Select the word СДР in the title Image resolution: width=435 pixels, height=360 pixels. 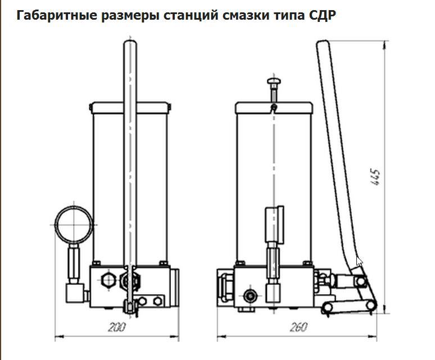(323, 15)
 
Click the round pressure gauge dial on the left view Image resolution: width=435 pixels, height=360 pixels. (74, 223)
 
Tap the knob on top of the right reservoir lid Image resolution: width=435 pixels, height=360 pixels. (273, 83)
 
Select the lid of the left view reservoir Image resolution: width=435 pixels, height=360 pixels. (129, 106)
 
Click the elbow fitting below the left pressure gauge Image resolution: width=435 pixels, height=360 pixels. (74, 291)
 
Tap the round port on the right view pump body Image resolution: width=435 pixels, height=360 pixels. (249, 294)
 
